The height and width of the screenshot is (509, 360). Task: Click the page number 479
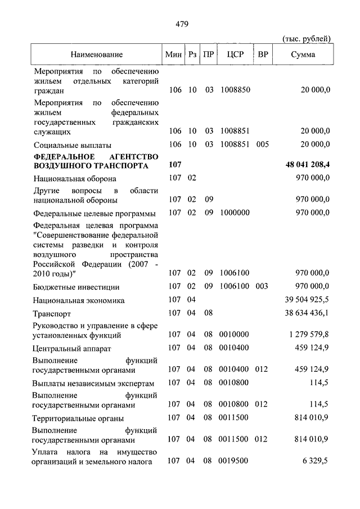pos(181,24)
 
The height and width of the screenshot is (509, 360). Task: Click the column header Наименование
pos(96,55)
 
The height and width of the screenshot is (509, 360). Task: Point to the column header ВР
pos(262,55)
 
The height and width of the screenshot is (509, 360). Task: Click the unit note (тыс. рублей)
pos(306,38)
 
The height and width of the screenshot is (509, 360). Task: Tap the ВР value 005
pos(262,145)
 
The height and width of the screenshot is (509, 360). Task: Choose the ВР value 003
pos(262,287)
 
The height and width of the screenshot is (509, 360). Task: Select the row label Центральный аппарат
pos(68,349)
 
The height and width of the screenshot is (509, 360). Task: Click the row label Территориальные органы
pos(78,418)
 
